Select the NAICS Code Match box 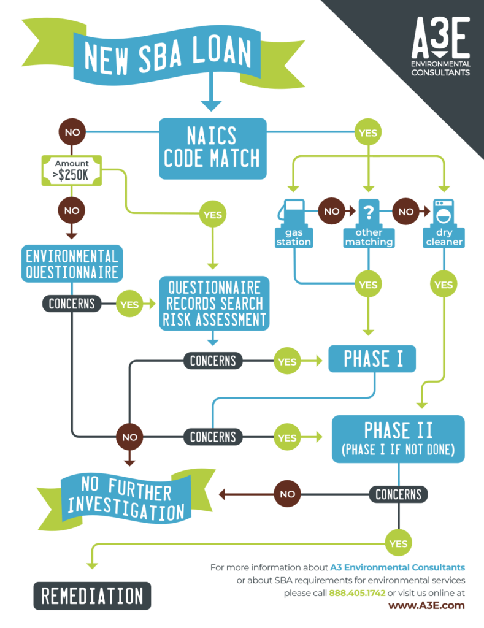[x=213, y=148]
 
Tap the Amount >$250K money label [x=72, y=169]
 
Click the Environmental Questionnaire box [x=71, y=263]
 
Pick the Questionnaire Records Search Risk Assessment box [x=213, y=303]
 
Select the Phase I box [x=372, y=359]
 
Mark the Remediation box [x=91, y=595]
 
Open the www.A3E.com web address [x=426, y=605]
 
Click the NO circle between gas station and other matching [x=331, y=211]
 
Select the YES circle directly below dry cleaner [x=442, y=285]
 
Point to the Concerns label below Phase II [x=398, y=494]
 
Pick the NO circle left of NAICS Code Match [x=72, y=132]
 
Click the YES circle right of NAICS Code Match [x=368, y=132]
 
